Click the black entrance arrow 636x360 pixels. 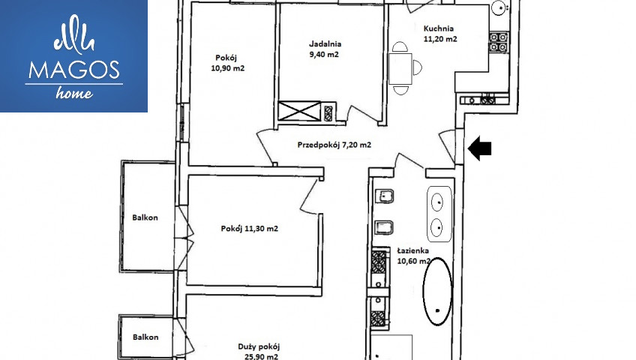point(479,148)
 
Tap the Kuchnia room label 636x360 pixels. point(440,34)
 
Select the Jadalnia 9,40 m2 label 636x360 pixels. point(325,49)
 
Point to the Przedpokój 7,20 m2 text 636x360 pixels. point(334,145)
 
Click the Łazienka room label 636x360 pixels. point(413,256)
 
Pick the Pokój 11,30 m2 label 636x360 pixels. point(250,229)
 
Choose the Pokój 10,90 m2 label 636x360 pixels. point(227,63)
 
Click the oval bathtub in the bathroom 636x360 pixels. point(437,291)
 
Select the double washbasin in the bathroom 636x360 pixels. point(439,214)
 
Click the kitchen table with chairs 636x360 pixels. point(400,68)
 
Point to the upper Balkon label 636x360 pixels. point(145,217)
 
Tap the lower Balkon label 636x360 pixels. point(145,337)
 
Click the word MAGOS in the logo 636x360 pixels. point(73,70)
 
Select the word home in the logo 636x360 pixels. point(74,93)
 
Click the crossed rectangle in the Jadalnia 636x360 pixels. point(300,111)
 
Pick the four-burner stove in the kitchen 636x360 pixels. point(499,42)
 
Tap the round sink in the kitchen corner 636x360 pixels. point(499,7)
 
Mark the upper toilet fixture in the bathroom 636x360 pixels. point(385,197)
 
